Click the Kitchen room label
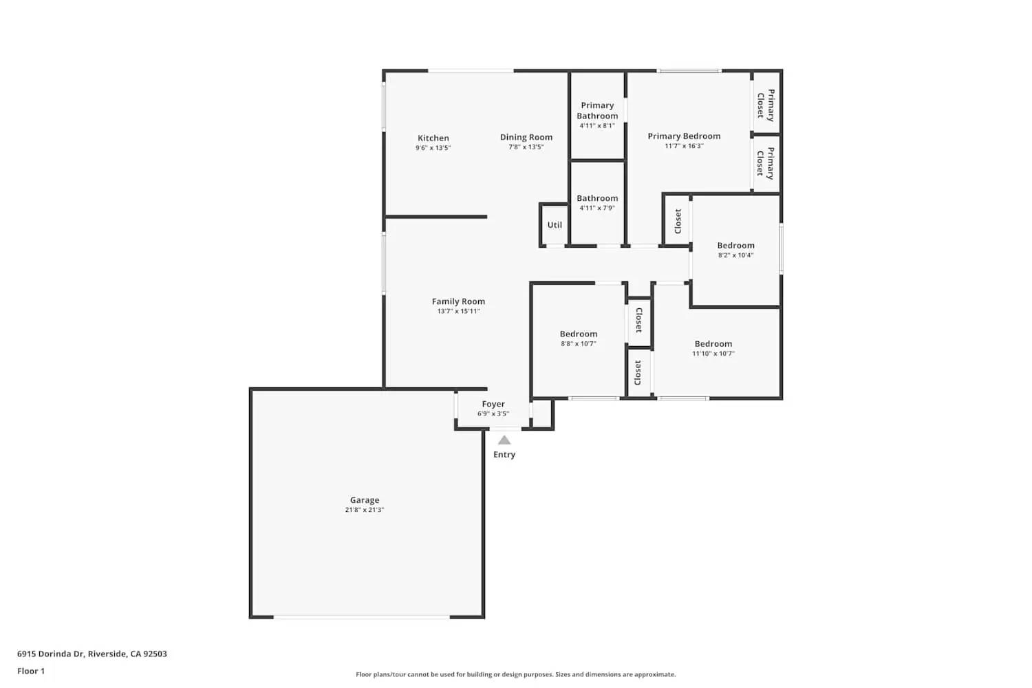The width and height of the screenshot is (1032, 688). (x=433, y=138)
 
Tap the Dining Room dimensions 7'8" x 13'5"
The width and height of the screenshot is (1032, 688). (x=526, y=147)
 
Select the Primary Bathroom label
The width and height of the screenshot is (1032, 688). (x=597, y=110)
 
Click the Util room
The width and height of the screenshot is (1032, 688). (x=555, y=225)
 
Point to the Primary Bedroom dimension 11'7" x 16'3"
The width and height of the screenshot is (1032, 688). (x=684, y=146)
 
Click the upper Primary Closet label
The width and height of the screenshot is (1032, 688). (x=766, y=105)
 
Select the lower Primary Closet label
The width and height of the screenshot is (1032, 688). (x=766, y=163)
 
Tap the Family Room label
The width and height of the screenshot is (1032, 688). (x=458, y=301)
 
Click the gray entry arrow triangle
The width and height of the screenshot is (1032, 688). (x=504, y=440)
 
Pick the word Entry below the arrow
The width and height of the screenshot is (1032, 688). (x=504, y=455)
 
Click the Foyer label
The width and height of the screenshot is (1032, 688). (x=493, y=405)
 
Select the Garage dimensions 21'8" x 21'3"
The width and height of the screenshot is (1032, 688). (x=365, y=510)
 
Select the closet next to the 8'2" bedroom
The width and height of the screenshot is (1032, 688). (x=678, y=221)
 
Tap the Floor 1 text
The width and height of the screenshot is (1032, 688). (x=31, y=671)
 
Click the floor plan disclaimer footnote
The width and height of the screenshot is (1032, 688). (x=515, y=675)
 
